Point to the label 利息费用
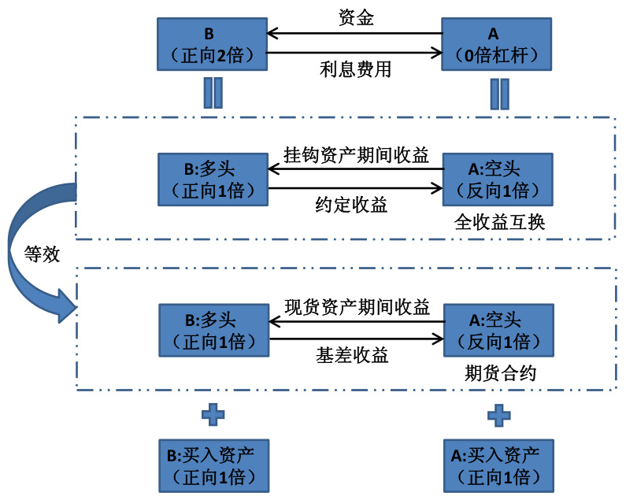click(x=356, y=69)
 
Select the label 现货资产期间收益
click(x=356, y=305)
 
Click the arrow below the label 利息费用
click(x=354, y=54)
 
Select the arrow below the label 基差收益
click(x=354, y=339)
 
